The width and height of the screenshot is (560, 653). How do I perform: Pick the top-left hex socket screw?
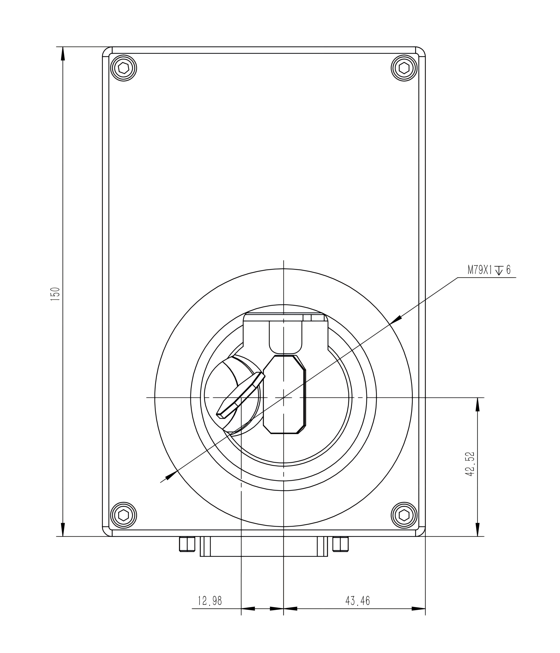[x=123, y=68]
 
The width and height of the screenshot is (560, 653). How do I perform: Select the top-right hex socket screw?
[x=404, y=68]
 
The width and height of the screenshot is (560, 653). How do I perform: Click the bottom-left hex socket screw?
[x=123, y=515]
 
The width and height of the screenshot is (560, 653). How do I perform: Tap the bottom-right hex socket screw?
[x=404, y=515]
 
